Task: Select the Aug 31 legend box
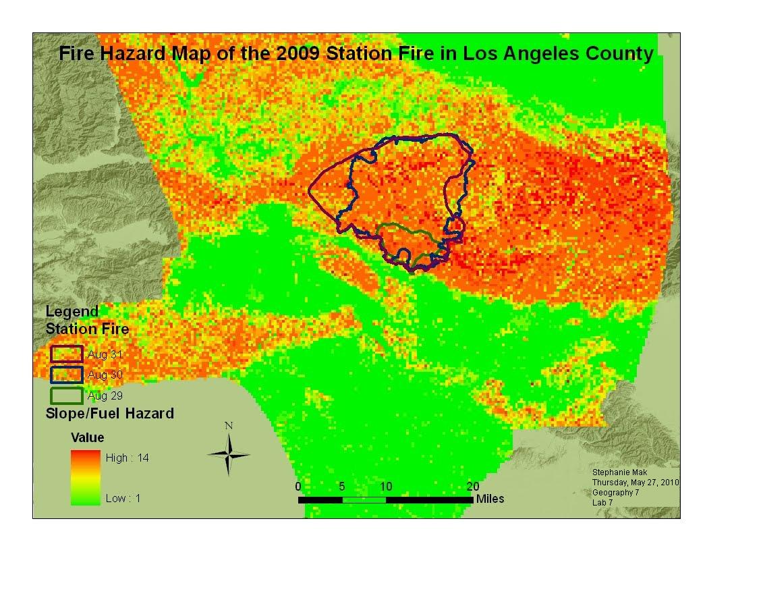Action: [67, 354]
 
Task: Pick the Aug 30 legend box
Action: [67, 375]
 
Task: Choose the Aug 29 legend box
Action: [67, 396]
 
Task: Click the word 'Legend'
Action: [72, 312]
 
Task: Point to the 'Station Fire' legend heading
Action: [87, 329]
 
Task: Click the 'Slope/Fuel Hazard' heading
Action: [109, 413]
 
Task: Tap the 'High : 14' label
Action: [128, 458]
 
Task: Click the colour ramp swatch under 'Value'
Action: [86, 478]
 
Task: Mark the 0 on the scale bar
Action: [298, 487]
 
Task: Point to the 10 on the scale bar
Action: [386, 487]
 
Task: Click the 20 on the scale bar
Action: [473, 487]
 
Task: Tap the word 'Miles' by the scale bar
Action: [490, 499]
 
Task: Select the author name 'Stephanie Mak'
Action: [619, 473]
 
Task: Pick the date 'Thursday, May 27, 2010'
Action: [636, 483]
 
